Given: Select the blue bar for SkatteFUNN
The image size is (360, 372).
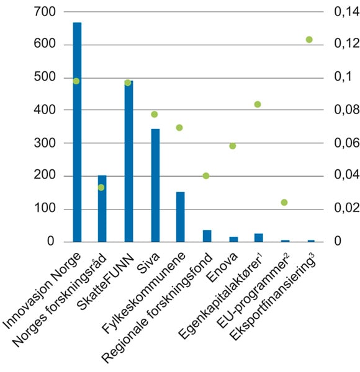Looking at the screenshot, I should [128, 161].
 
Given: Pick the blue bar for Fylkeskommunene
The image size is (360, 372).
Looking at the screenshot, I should [181, 216].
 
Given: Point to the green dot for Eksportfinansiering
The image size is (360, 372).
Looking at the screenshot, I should [309, 40].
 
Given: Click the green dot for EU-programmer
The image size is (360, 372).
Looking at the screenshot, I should [284, 203].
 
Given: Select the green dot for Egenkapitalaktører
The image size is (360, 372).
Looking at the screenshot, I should [258, 104].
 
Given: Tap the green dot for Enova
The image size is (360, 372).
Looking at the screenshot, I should [233, 146].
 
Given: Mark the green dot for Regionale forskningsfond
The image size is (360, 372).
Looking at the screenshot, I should [206, 176].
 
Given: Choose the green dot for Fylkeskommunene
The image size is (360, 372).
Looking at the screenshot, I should [180, 128].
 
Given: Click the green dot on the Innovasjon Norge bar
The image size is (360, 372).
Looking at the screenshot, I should [76, 81].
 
